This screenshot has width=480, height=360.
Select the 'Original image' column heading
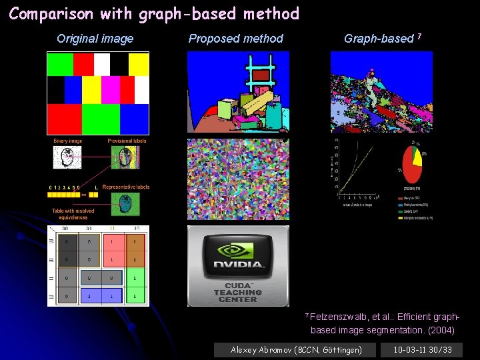point(95,39)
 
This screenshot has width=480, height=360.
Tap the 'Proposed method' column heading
point(235,39)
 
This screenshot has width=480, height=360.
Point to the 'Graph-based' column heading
point(379,39)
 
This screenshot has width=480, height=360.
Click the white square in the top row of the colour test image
point(101,65)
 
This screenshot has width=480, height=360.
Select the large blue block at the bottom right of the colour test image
point(134,119)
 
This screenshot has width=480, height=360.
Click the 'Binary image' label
point(67,141)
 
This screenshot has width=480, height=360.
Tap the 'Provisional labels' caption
point(127,141)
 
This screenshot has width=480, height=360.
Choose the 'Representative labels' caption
point(126,187)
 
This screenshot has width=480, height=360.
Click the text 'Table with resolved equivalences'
point(73,214)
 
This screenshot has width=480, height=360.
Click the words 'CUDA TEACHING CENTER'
point(238,292)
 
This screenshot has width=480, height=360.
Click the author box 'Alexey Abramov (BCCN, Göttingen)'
point(296,349)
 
